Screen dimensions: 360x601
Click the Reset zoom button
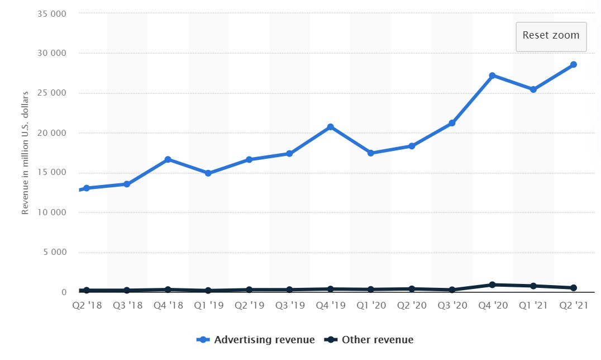point(551,36)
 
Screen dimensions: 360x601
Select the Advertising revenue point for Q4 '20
point(492,75)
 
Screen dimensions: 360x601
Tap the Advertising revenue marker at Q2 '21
point(573,65)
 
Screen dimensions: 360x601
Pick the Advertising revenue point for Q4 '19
point(330,127)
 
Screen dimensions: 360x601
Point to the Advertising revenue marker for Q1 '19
point(208,173)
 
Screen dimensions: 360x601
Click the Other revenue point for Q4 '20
point(492,285)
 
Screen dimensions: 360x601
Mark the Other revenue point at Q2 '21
point(573,288)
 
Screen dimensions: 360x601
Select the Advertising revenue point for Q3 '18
point(127,184)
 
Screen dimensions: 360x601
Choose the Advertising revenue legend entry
point(256,340)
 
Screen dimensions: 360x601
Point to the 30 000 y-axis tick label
point(52,53)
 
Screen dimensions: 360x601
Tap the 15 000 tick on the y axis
point(52,173)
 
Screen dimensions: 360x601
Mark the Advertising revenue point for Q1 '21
point(533,89)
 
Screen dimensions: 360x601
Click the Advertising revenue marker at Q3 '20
point(452,123)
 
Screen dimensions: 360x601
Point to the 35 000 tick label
point(52,13)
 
